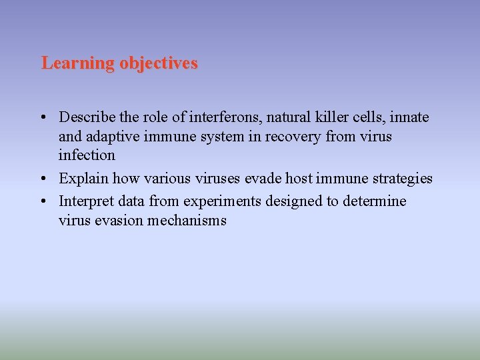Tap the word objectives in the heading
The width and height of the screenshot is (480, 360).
click(x=159, y=63)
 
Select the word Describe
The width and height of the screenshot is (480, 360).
click(x=87, y=118)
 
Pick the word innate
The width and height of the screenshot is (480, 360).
click(x=410, y=118)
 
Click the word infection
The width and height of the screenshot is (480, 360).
click(x=87, y=155)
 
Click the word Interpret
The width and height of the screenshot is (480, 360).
click(x=86, y=201)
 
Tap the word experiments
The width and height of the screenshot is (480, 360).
click(x=221, y=201)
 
